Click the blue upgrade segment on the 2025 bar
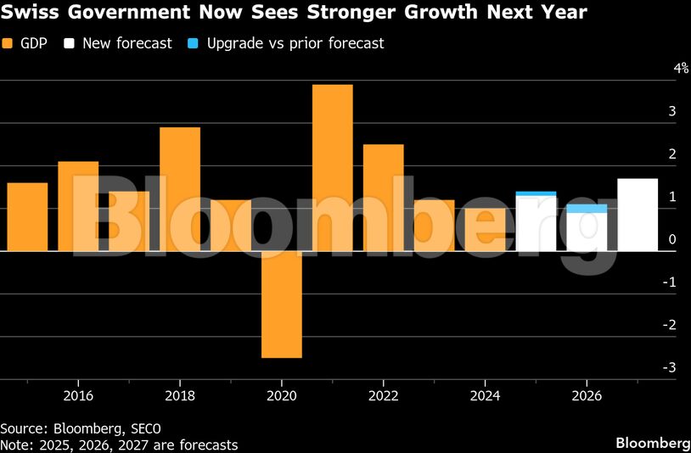tap(536, 193)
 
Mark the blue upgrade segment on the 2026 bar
tap(587, 208)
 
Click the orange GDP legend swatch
tap(8, 43)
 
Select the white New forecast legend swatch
tap(70, 43)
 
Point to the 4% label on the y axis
tap(681, 69)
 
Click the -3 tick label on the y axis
tap(671, 367)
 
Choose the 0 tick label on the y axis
tap(672, 240)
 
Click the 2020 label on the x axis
tap(281, 394)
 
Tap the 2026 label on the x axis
tap(587, 394)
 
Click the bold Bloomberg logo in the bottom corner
tap(651, 443)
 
